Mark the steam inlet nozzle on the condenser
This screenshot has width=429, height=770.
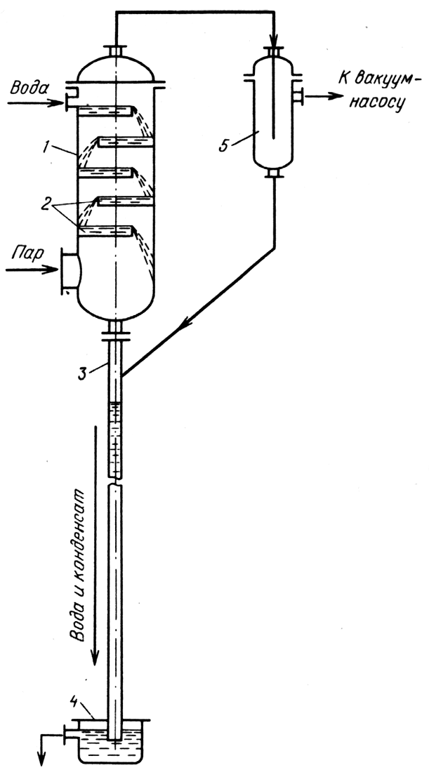point(69,270)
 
